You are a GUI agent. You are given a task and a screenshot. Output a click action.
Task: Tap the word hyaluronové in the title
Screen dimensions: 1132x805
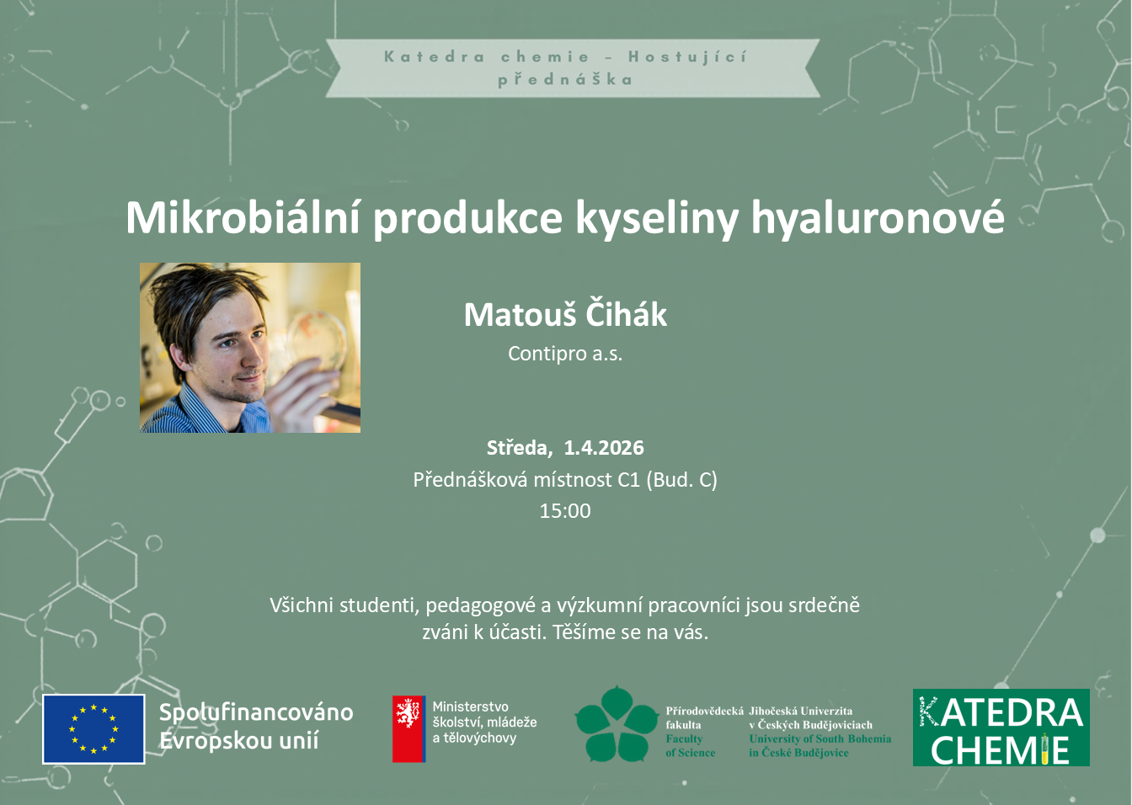click(x=878, y=219)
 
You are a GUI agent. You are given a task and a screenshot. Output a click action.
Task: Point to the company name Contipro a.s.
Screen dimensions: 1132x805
click(x=565, y=354)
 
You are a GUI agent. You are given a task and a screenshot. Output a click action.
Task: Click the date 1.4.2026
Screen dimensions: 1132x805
click(x=604, y=448)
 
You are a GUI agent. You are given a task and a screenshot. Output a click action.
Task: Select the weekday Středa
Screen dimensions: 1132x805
click(x=519, y=448)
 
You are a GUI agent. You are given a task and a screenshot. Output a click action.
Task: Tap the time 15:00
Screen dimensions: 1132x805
click(x=565, y=511)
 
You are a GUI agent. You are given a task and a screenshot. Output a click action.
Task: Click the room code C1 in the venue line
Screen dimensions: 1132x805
click(x=628, y=480)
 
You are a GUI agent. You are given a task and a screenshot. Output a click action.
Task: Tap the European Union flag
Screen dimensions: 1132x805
click(x=93, y=728)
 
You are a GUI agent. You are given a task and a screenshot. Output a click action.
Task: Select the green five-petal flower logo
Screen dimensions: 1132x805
click(x=617, y=724)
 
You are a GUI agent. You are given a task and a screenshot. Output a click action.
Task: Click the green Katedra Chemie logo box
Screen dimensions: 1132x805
click(x=1001, y=728)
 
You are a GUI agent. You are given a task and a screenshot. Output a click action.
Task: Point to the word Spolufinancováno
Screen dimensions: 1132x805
click(x=256, y=712)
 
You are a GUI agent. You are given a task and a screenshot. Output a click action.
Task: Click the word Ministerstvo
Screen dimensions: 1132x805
click(x=470, y=706)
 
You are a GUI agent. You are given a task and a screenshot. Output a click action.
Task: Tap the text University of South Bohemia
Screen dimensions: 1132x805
click(x=820, y=738)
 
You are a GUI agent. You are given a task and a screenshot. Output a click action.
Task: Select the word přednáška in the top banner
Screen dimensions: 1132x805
click(x=565, y=80)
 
